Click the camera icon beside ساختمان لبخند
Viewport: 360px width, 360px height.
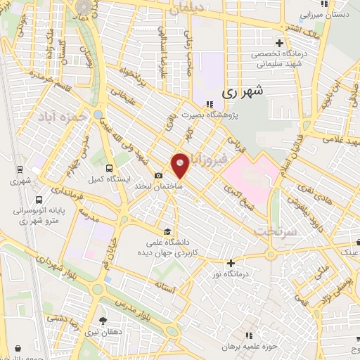coord(159,176)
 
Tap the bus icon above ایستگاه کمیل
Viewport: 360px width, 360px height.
coord(108,168)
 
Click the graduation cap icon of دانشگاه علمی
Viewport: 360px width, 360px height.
coord(167,232)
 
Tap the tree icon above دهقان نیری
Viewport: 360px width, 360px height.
coord(103,321)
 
